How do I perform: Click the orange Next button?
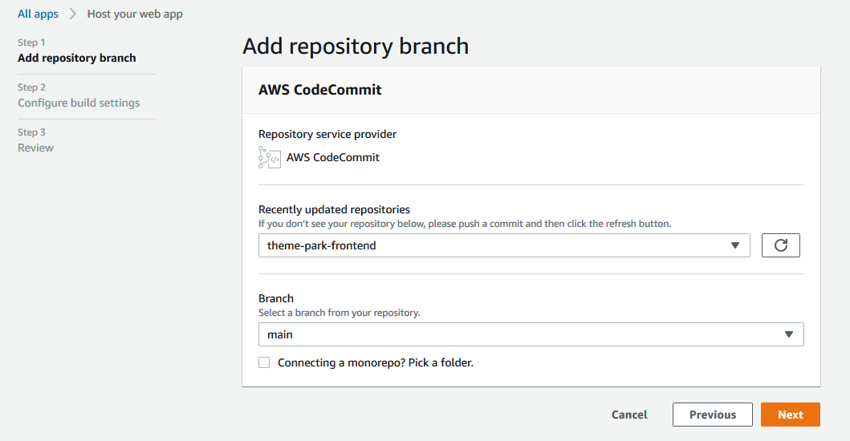(790, 415)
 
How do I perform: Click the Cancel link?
(629, 415)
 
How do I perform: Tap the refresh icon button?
(780, 245)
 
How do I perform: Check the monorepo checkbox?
(264, 362)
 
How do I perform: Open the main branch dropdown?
(531, 334)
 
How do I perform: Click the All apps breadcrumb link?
(38, 14)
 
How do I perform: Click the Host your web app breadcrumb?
(135, 14)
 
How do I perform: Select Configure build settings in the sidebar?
(79, 103)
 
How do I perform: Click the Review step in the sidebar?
(35, 148)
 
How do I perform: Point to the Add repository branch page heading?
(355, 46)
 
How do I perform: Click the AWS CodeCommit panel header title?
(319, 90)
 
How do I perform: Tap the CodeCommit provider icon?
(269, 157)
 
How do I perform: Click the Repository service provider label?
(327, 134)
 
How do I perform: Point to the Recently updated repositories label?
(334, 209)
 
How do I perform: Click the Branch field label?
(276, 298)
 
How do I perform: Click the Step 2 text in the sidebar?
(32, 87)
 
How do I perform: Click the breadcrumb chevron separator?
(72, 14)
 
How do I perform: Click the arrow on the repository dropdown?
(735, 245)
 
